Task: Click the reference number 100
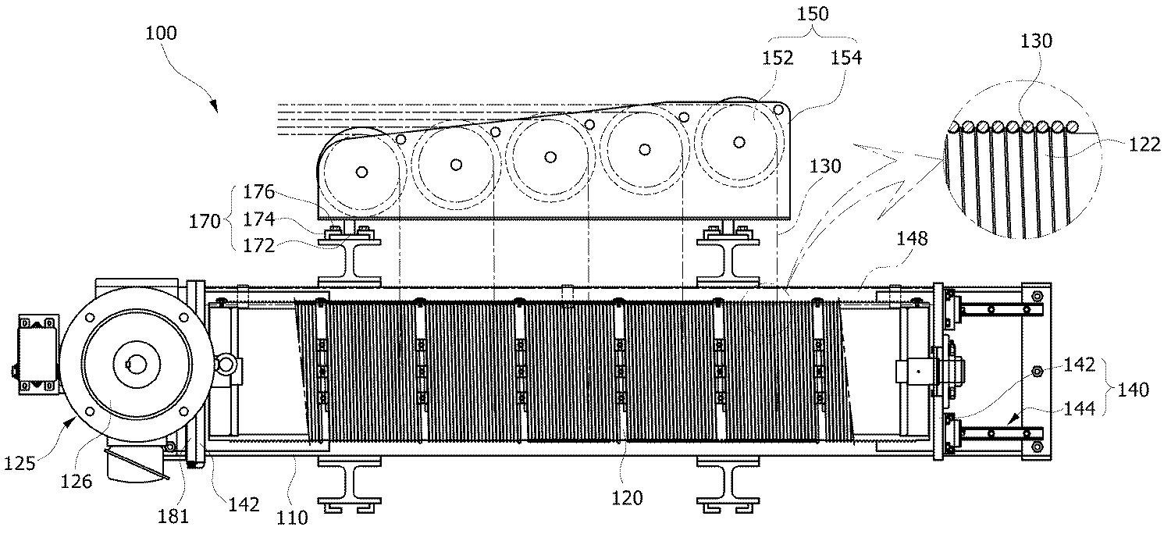161,34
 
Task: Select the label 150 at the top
815,13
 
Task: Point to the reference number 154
846,57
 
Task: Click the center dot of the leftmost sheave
361,171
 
